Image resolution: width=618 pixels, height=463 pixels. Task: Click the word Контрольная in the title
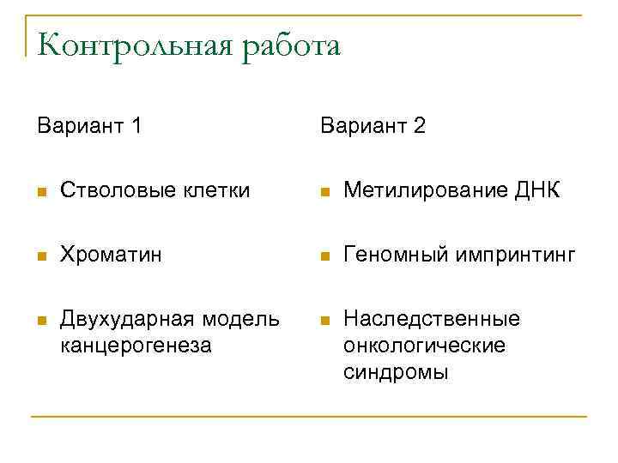tap(133, 45)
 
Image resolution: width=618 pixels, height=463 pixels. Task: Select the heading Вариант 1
tap(89, 126)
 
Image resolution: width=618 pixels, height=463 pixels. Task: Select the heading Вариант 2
tap(373, 126)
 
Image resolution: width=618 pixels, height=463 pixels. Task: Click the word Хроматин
tap(110, 255)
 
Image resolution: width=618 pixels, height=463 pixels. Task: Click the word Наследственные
tap(432, 319)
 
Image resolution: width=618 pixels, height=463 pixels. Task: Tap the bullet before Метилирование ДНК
tap(324, 191)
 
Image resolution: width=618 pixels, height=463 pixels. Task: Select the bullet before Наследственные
tap(324, 320)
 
